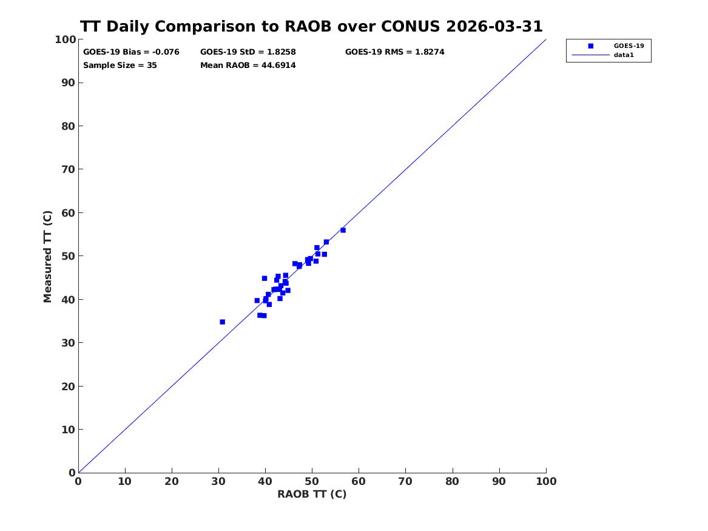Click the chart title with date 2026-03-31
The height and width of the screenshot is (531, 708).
(311, 27)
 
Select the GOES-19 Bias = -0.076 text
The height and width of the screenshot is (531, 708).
(131, 52)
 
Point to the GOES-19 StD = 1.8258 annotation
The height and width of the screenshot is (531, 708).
(248, 52)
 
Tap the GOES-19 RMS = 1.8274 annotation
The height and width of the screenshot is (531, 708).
(394, 52)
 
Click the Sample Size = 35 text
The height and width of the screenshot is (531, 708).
(120, 66)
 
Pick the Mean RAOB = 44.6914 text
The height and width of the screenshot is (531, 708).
(248, 66)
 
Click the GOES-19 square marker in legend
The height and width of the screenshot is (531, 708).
(590, 46)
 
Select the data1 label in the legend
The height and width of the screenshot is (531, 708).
(624, 55)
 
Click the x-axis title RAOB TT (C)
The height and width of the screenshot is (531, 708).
(312, 495)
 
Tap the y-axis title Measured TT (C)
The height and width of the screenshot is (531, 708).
(47, 257)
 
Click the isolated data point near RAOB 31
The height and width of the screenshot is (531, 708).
(222, 322)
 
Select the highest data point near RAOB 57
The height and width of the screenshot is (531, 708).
(343, 230)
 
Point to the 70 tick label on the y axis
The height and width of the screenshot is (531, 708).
(69, 169)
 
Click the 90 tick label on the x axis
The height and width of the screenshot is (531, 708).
(499, 481)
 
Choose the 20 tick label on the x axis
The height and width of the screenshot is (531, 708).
(172, 481)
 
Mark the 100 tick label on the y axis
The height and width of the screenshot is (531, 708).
(66, 39)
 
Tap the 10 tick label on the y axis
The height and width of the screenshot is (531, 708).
(69, 430)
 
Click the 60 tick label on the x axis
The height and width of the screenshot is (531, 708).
(359, 481)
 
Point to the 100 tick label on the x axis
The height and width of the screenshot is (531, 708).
(547, 481)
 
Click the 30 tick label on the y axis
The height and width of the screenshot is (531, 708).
(69, 343)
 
